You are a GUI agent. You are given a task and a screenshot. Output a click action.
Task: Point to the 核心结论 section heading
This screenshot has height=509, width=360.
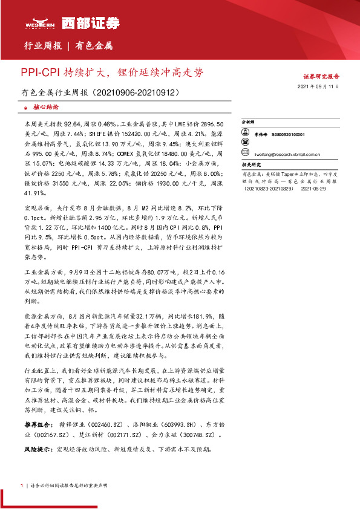click(45, 106)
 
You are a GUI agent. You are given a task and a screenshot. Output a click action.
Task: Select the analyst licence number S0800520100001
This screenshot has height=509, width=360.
click(288, 135)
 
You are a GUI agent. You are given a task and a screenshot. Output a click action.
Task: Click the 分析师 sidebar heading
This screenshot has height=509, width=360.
click(250, 121)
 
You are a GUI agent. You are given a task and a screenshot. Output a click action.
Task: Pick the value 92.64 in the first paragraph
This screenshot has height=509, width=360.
click(72, 123)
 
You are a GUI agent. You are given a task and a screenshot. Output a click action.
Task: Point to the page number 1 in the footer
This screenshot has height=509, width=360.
click(21, 485)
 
